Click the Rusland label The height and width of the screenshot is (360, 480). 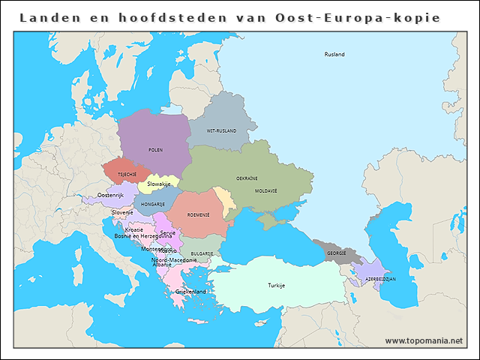(334, 55)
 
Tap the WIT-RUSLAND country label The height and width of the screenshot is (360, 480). (221, 130)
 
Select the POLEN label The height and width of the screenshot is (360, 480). (155, 150)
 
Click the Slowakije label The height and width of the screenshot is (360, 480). (159, 184)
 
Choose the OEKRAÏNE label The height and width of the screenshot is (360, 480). (247, 178)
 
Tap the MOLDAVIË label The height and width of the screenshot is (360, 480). (266, 190)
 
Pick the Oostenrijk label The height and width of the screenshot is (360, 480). (110, 195)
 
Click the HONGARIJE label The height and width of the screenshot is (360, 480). (153, 203)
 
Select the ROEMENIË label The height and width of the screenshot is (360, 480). (199, 214)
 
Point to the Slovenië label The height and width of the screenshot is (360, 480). (123, 212)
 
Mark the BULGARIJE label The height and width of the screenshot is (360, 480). (202, 253)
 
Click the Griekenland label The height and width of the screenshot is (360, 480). (190, 291)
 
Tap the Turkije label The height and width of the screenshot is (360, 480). (277, 286)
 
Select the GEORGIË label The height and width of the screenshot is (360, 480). (337, 253)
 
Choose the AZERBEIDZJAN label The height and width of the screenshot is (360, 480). (380, 278)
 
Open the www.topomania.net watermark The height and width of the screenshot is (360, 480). (424, 340)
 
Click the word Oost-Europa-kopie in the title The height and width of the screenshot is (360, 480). (367, 16)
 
